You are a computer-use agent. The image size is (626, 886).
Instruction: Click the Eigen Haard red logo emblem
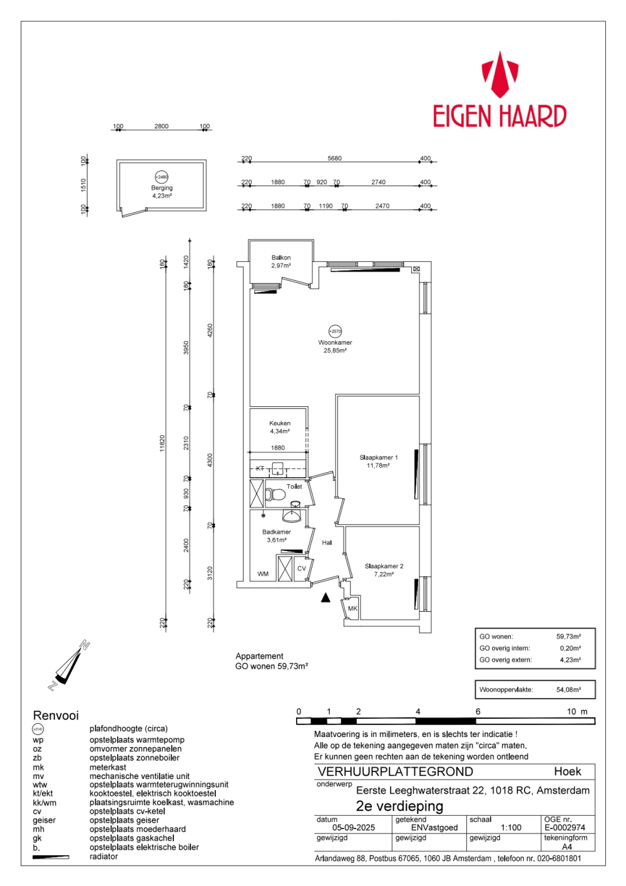[x=500, y=75]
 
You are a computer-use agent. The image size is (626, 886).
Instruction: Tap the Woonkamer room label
[x=335, y=343]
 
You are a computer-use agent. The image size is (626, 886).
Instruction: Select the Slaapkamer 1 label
[x=378, y=457]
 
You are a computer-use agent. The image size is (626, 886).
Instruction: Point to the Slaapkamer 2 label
[x=384, y=566]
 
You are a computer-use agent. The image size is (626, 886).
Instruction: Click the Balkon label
[x=281, y=257]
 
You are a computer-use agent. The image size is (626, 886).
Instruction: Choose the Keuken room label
[x=280, y=423]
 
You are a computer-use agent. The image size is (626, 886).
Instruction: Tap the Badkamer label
[x=276, y=532]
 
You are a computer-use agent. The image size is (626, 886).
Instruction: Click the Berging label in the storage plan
[x=162, y=188]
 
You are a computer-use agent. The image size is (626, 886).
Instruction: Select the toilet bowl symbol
[x=275, y=495]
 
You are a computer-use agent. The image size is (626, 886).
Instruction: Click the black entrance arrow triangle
[x=326, y=598]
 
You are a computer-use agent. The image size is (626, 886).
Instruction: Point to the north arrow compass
[x=68, y=665]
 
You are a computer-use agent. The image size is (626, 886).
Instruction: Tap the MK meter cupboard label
[x=352, y=609]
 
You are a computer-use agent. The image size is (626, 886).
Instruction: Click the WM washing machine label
[x=263, y=574]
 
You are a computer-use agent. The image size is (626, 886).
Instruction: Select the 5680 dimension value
[x=334, y=158]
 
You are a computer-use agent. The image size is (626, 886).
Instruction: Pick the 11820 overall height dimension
[x=162, y=443]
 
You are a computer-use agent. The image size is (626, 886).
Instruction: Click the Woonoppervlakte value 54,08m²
[x=568, y=689]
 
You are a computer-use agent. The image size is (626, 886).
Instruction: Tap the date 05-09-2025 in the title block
[x=354, y=827]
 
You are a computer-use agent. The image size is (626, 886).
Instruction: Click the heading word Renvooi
[x=56, y=715]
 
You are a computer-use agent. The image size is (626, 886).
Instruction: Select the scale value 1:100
[x=511, y=827]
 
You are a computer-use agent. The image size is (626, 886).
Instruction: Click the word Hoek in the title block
[x=567, y=771]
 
